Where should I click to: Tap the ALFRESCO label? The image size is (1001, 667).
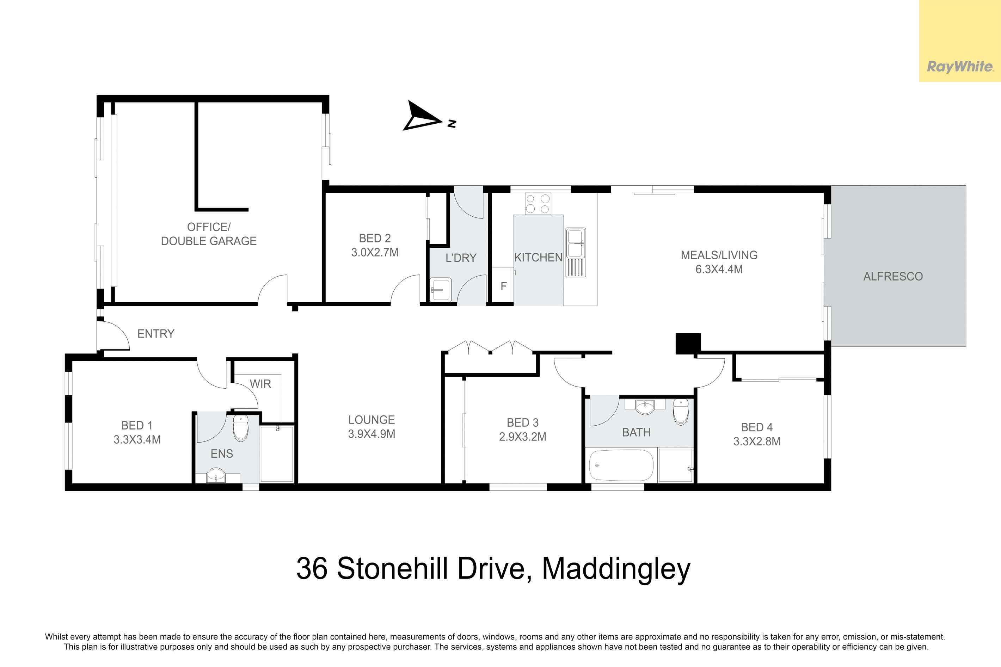(x=893, y=277)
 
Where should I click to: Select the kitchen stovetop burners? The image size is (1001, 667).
(x=538, y=204)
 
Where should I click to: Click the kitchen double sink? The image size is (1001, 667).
(x=576, y=253)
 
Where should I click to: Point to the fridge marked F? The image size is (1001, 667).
(x=503, y=286)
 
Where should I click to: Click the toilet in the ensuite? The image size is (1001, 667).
(x=241, y=427)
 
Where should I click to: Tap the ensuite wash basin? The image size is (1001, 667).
(x=216, y=476)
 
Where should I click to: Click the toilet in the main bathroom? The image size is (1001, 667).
(x=681, y=411)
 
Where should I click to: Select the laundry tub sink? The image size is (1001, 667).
(x=440, y=290)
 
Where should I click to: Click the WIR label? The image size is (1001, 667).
(x=260, y=384)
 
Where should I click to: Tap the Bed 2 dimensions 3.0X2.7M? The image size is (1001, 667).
(x=375, y=253)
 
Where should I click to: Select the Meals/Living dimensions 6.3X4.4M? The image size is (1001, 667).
(x=719, y=269)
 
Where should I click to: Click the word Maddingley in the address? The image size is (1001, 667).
(x=616, y=569)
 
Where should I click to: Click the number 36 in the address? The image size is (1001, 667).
(x=312, y=568)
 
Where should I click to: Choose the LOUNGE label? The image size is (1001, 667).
(x=371, y=420)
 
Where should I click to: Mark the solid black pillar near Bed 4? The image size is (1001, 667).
(x=688, y=344)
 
